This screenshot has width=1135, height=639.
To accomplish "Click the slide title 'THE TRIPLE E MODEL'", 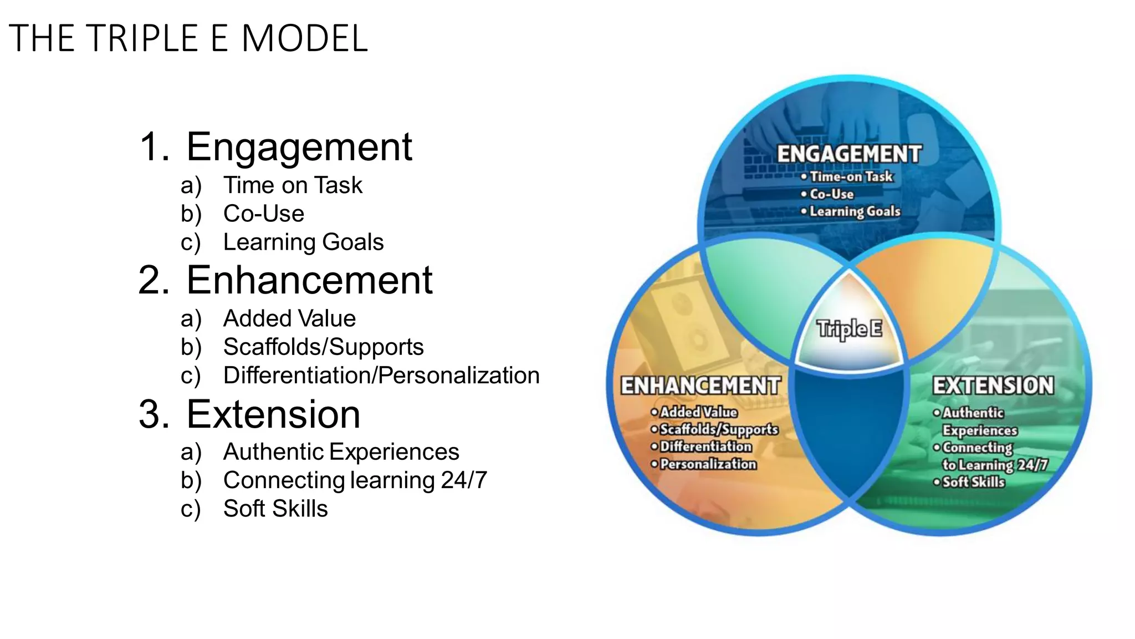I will [x=188, y=38].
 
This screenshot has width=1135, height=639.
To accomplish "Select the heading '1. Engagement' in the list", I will [x=275, y=147].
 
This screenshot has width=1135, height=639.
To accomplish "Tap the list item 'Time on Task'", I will [x=292, y=185].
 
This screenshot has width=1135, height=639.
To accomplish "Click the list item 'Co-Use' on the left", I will [x=263, y=214].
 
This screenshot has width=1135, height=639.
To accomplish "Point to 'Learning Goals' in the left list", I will [x=303, y=242].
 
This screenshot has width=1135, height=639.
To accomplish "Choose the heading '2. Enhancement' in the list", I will [x=285, y=280].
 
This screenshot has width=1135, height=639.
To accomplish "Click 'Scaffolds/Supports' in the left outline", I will [x=323, y=347].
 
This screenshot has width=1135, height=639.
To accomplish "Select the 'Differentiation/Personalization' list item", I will [x=381, y=376].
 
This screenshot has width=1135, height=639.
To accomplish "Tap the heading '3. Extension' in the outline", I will [x=249, y=414].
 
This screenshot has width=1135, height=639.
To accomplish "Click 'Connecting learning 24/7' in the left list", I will [x=355, y=480].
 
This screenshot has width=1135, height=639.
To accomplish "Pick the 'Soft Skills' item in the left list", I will [x=275, y=509].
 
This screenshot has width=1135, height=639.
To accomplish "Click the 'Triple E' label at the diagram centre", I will [x=849, y=329].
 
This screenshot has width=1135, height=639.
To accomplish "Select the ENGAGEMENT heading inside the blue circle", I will [x=849, y=154].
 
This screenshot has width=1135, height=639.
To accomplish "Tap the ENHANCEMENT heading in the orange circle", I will [x=701, y=386].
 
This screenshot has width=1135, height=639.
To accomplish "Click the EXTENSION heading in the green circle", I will [x=993, y=386].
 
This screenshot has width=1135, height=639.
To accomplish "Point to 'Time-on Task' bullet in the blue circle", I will [x=851, y=177].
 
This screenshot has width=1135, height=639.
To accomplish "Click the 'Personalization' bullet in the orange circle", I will [x=708, y=464].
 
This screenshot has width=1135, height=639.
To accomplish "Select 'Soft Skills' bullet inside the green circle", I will [x=973, y=482].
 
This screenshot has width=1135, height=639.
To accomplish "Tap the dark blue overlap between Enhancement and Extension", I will [x=849, y=433].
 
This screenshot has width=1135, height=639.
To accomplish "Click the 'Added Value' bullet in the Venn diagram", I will [x=698, y=412].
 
